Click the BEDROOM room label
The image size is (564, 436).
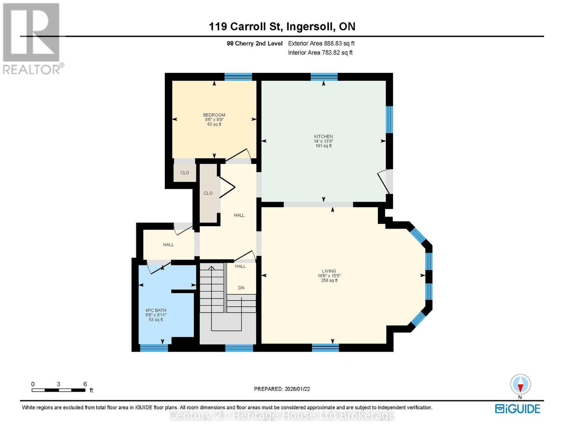click(x=214, y=115)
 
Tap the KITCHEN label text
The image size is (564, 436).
click(x=323, y=137)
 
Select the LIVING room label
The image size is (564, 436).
click(x=329, y=271)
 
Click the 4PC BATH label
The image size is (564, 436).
click(x=156, y=311)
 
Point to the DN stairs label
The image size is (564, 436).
click(x=241, y=288)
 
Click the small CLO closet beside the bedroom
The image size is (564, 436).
click(x=184, y=173)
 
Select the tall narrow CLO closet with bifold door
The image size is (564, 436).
click(x=208, y=193)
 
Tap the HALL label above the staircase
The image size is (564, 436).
click(x=240, y=266)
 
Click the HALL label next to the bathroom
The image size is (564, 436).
click(x=168, y=245)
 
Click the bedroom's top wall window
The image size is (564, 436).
click(x=238, y=77)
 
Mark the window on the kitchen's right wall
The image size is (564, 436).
click(x=389, y=120)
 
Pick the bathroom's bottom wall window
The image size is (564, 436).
click(x=154, y=348)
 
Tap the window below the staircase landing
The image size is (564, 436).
click(x=239, y=348)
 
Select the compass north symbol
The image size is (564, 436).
click(x=520, y=384)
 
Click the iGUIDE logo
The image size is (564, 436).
click(x=518, y=409)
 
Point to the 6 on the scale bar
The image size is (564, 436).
click(x=85, y=384)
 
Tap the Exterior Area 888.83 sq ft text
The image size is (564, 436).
click(x=321, y=43)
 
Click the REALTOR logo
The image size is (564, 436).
click(x=32, y=38)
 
